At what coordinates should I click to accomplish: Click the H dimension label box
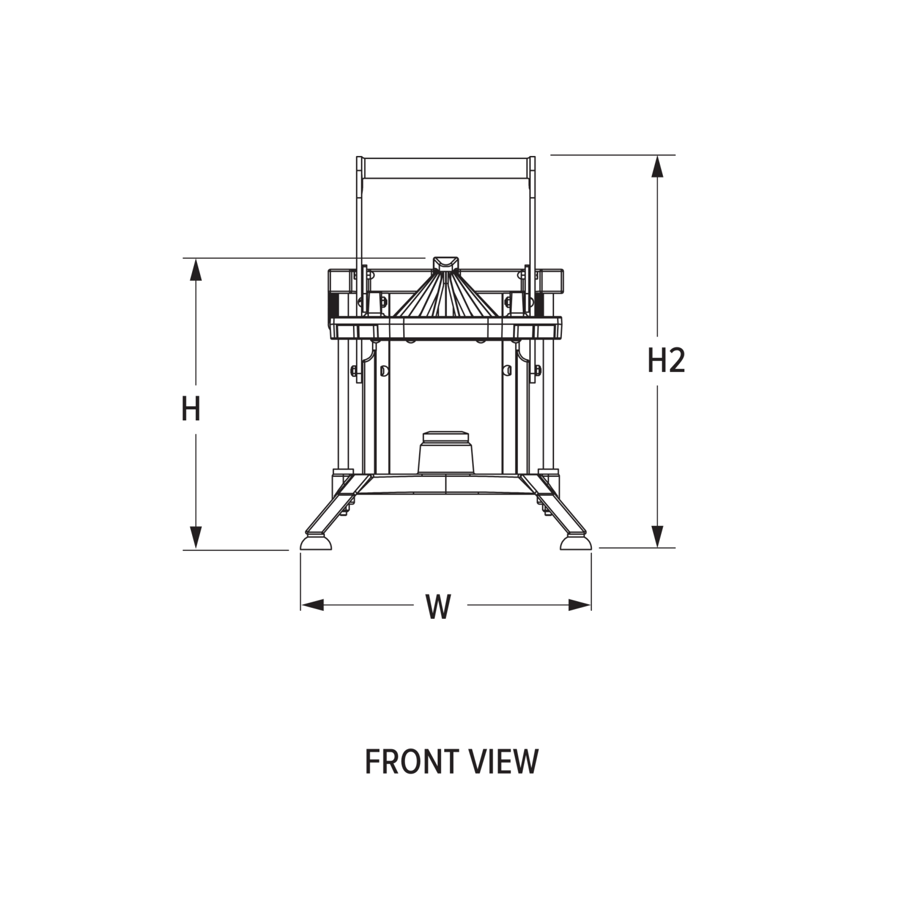pos(192,409)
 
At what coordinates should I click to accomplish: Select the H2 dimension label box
pos(662,360)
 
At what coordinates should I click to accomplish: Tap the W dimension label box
pos(440,606)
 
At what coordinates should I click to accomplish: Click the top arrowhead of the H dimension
pos(196,269)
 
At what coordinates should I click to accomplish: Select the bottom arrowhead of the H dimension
pos(196,537)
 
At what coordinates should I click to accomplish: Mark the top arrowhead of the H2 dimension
pos(658,166)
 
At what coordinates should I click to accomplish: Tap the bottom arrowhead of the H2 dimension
pos(658,536)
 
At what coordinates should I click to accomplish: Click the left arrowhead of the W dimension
pos(312,605)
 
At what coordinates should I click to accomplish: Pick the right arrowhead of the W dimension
pos(580,605)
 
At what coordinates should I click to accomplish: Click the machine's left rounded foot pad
pos(315,544)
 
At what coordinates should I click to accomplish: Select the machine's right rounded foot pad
pos(576,544)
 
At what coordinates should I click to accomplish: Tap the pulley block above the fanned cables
pos(446,266)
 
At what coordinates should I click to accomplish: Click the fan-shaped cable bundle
pos(446,300)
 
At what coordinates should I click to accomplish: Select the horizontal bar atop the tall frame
pos(446,168)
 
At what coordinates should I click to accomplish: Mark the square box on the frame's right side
pos(553,281)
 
